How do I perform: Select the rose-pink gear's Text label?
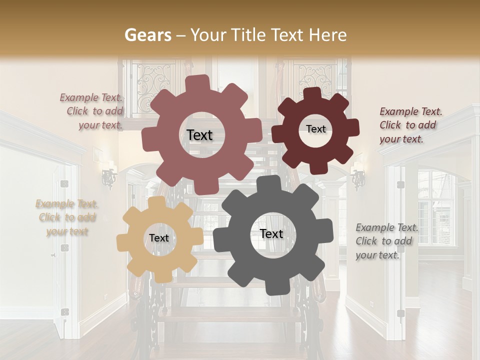(199, 135)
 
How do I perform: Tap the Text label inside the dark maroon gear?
(315, 129)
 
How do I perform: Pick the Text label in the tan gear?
(159, 238)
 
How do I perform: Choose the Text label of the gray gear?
(271, 233)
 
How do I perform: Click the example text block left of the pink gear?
(92, 111)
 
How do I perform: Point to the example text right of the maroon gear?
(410, 125)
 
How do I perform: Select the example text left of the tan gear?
(67, 217)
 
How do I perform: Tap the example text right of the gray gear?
(386, 241)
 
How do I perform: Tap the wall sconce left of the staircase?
(108, 178)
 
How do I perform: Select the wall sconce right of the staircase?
(358, 179)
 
